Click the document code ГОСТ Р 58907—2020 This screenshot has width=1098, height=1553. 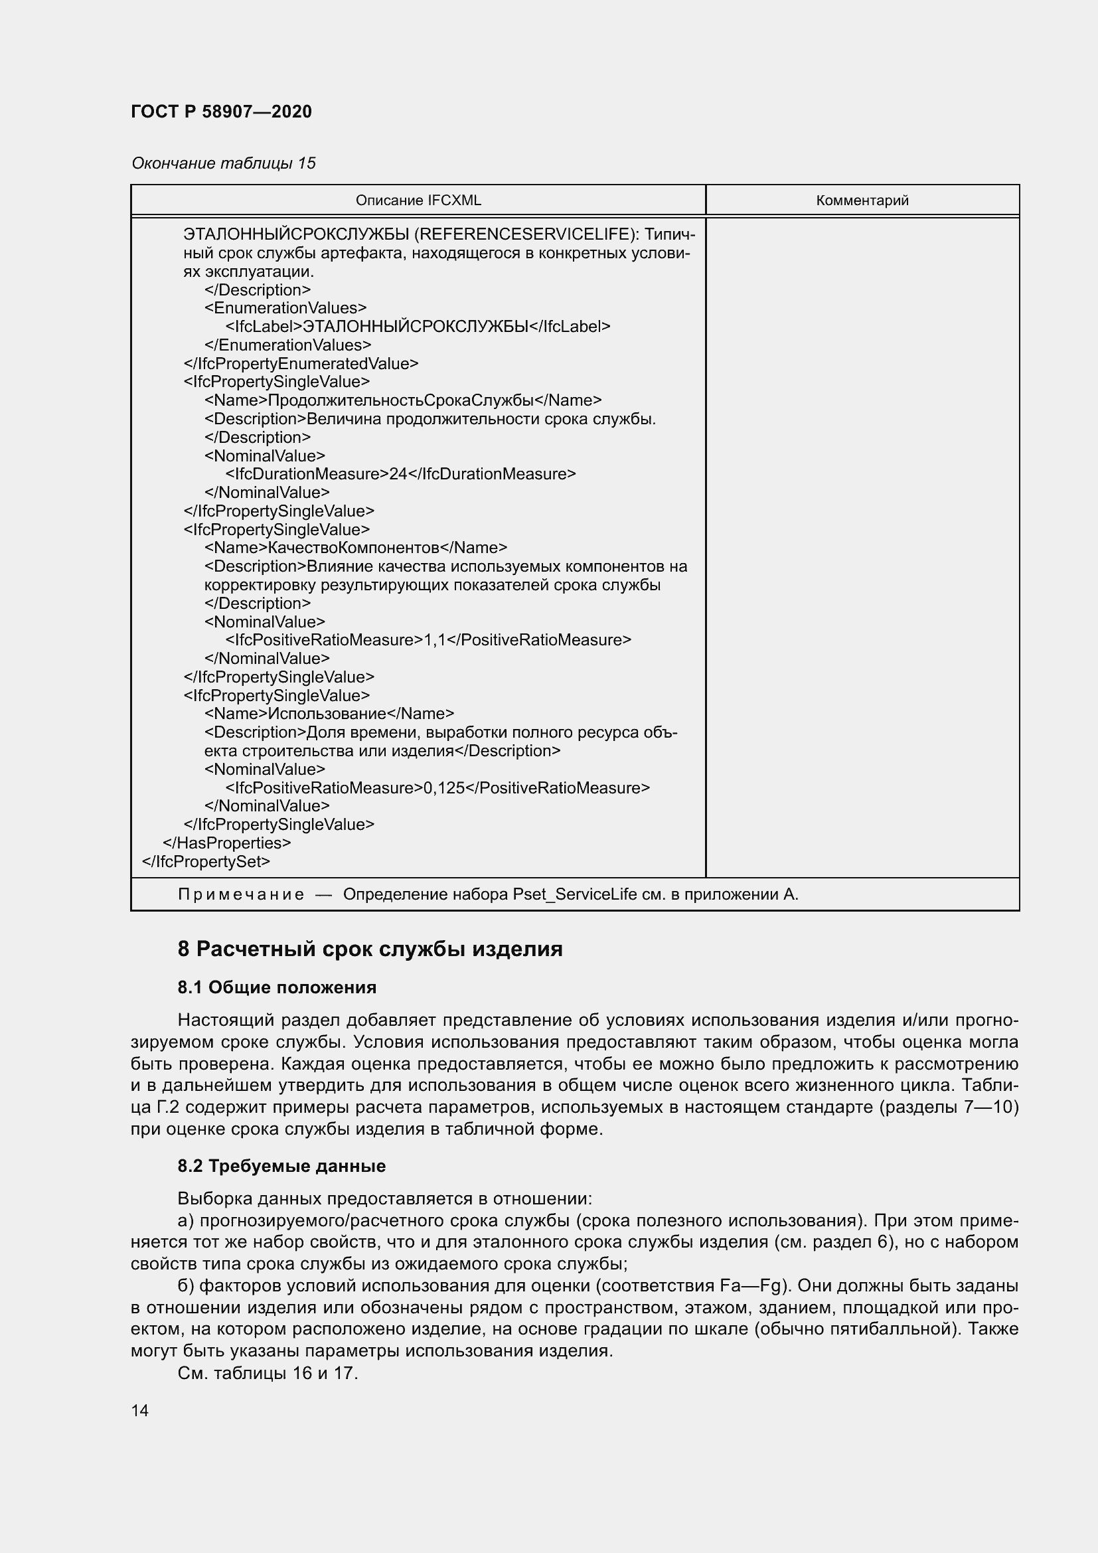[221, 112]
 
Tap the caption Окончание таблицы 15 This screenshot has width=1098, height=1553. [223, 163]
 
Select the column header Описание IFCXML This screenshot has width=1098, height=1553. [418, 201]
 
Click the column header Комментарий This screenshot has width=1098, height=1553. [862, 201]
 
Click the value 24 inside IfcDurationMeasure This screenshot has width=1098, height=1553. [398, 474]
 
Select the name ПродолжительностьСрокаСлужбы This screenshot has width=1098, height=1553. [401, 400]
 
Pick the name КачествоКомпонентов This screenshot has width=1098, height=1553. [354, 548]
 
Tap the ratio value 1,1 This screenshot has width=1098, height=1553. [435, 640]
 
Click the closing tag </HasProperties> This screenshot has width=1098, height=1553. [226, 843]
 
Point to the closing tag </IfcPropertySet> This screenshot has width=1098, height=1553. [206, 862]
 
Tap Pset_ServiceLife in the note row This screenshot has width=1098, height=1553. [574, 894]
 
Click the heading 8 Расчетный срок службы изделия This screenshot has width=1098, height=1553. [370, 949]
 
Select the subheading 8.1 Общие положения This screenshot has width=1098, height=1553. [277, 987]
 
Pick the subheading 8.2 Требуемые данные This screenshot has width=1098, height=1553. [281, 1166]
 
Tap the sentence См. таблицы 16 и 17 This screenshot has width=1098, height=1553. [267, 1373]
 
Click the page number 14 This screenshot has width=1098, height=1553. [140, 1410]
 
